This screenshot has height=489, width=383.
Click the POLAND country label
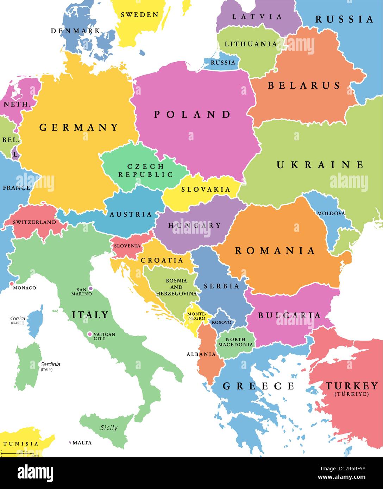pos(193,114)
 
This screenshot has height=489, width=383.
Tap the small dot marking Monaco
pos(12,284)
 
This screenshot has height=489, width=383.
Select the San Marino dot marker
pos(90,288)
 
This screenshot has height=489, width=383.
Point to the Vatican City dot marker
pos(90,334)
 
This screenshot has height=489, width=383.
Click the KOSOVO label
pos(221,322)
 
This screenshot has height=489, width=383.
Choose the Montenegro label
pos(196,316)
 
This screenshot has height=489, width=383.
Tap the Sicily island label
pos(109,428)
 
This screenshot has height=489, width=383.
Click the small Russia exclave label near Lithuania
pos(223,63)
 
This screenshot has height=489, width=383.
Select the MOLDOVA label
pos(331,214)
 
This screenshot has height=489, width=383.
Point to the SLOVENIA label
pos(127,246)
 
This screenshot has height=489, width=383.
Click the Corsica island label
pos(17,318)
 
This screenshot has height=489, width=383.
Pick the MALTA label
pos(82,443)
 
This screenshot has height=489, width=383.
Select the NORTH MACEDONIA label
pos(236,342)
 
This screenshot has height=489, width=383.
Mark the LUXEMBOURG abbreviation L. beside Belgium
pos(15,154)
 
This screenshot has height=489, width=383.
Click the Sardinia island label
pos(50,364)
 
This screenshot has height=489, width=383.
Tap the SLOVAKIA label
pos(206,190)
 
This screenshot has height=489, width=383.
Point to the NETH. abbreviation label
pos(15,104)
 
